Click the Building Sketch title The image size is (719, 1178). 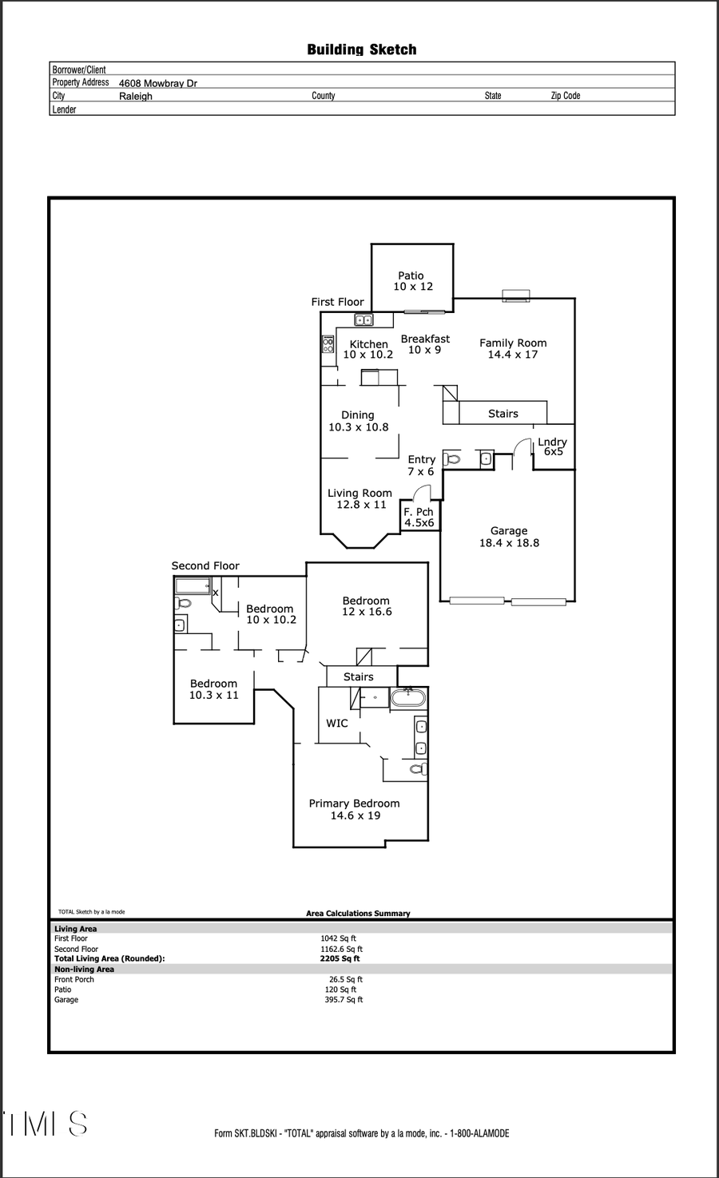click(x=362, y=50)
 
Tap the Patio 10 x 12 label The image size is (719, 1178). click(x=412, y=281)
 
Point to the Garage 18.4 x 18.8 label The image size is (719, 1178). click(x=509, y=537)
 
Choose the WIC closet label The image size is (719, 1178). click(x=337, y=723)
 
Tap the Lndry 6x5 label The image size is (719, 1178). click(x=552, y=446)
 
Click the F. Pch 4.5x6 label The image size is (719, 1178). click(x=419, y=518)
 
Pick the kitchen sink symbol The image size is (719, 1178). click(x=363, y=320)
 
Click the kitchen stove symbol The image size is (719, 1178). click(x=328, y=344)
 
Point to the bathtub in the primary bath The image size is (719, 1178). click(x=408, y=698)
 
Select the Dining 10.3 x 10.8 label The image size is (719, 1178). click(x=358, y=421)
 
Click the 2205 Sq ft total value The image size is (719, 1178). click(x=340, y=958)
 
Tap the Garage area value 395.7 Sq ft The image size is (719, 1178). click(x=344, y=1000)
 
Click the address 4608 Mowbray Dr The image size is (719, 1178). click(x=158, y=83)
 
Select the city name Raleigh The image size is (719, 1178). click(x=136, y=96)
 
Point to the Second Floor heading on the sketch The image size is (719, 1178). click(x=205, y=565)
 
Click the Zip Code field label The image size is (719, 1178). click(x=566, y=96)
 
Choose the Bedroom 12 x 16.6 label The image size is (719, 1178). click(x=367, y=606)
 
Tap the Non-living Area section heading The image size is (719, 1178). click(x=84, y=970)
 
